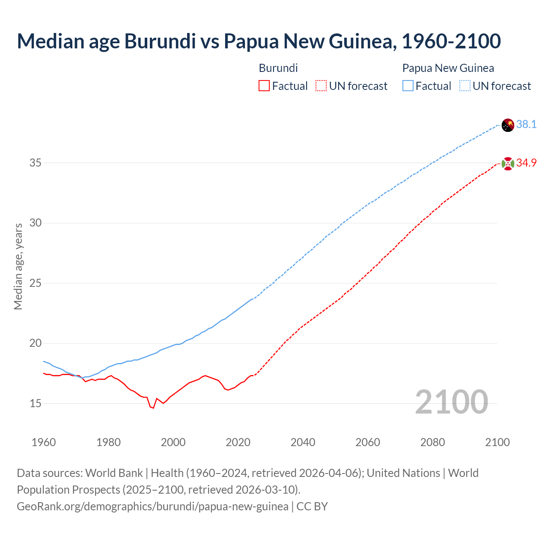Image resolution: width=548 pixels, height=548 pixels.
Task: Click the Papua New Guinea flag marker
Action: pos(508,125)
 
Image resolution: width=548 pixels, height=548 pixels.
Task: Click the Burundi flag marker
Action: pos(508,163)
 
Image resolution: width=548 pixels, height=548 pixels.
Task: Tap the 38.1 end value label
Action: pos(526,125)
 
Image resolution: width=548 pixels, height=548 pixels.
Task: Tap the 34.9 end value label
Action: pos(526,163)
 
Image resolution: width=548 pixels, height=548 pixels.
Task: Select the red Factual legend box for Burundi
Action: pos(264,86)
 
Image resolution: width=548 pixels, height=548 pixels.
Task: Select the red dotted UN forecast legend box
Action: pos(321,86)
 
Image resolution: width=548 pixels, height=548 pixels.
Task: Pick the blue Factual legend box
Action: pos(408,86)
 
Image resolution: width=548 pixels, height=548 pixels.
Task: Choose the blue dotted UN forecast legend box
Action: pos(465,86)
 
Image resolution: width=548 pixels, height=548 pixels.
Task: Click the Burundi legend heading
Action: pos(278,68)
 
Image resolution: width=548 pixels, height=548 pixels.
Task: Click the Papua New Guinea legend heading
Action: pos(448,68)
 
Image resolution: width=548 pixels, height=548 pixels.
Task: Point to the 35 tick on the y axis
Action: pos(36,163)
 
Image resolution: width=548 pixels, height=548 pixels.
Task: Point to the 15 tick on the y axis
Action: pos(36,403)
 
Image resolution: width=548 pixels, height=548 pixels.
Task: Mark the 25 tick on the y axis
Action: pos(36,283)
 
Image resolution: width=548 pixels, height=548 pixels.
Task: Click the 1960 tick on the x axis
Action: pos(44,442)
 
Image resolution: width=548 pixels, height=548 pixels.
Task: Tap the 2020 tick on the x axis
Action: pos(238,442)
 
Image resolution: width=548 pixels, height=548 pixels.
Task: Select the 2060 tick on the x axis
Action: pos(368,442)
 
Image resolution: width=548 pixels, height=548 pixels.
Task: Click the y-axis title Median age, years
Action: pos(18,266)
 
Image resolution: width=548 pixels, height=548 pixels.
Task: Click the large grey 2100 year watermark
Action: pos(452,402)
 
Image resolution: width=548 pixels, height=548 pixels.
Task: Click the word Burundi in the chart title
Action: pos(159,42)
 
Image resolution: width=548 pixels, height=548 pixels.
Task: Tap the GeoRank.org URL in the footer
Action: pos(152,506)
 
